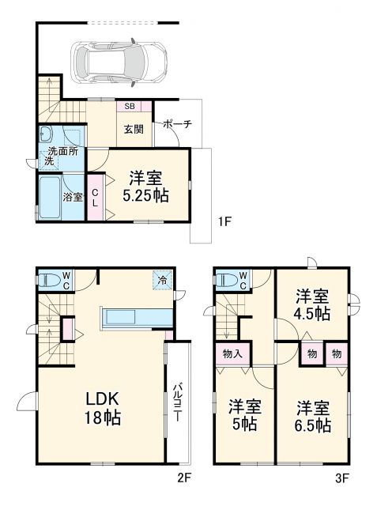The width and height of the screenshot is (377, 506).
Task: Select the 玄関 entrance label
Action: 133,129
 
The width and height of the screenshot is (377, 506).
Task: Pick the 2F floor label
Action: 184,478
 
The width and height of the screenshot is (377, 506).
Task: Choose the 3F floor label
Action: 341,478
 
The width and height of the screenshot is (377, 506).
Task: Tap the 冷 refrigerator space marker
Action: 161,279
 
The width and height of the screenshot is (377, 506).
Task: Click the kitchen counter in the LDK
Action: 134,317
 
